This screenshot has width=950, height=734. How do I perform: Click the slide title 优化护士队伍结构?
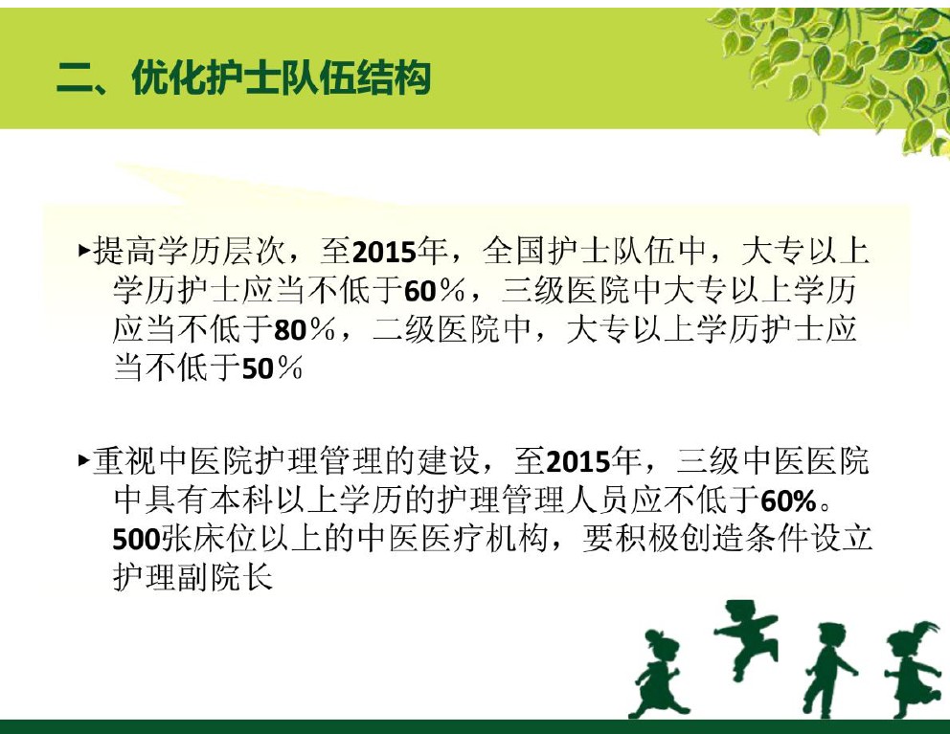pyautogui.click(x=282, y=78)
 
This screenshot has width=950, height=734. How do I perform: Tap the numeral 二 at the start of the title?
pyautogui.click(x=75, y=79)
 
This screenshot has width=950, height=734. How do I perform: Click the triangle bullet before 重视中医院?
pyautogui.click(x=84, y=461)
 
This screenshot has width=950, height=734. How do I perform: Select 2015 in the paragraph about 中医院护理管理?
pyautogui.click(x=578, y=462)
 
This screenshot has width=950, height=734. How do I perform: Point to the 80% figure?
pyautogui.click(x=305, y=330)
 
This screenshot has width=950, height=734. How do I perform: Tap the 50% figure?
pyautogui.click(x=272, y=368)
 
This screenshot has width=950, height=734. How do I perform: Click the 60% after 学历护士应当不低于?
pyautogui.click(x=435, y=291)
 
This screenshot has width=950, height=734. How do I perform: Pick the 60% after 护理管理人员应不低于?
pyautogui.click(x=788, y=501)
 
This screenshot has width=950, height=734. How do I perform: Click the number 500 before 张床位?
pyautogui.click(x=137, y=540)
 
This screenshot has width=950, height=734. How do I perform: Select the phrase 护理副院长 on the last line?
pyautogui.click(x=193, y=577)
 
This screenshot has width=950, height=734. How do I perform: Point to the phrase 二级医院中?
pyautogui.click(x=452, y=329)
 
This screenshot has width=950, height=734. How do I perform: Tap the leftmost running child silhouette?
pyautogui.click(x=659, y=673)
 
